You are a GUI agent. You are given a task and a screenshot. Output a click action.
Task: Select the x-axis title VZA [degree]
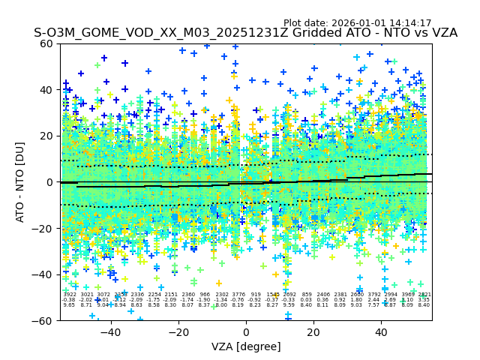(x=245, y=346)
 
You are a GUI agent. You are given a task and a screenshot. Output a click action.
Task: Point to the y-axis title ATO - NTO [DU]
(x=20, y=182)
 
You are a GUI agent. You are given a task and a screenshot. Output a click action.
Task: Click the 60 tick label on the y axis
(x=46, y=43)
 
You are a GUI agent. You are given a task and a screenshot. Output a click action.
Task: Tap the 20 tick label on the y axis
(x=46, y=136)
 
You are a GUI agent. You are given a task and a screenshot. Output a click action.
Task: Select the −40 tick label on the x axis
(x=110, y=331)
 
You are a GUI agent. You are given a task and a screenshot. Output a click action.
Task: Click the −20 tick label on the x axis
(x=178, y=331)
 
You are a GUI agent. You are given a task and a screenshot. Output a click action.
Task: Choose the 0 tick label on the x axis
(x=246, y=331)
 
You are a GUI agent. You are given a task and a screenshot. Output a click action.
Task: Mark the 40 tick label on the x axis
(x=381, y=331)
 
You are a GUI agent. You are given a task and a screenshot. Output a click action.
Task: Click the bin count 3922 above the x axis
(x=69, y=295)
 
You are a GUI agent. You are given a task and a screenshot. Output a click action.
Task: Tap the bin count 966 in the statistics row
(x=205, y=295)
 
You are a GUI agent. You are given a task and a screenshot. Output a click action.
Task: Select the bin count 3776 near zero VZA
(x=238, y=295)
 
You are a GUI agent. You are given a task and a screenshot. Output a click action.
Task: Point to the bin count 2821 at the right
(x=424, y=295)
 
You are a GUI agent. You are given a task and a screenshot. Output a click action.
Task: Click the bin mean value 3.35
(x=424, y=300)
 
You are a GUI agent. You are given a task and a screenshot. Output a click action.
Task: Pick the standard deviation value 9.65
(x=69, y=305)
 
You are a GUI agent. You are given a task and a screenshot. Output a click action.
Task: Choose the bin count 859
(x=306, y=295)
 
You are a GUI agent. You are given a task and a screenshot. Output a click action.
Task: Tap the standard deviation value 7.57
(x=373, y=305)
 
